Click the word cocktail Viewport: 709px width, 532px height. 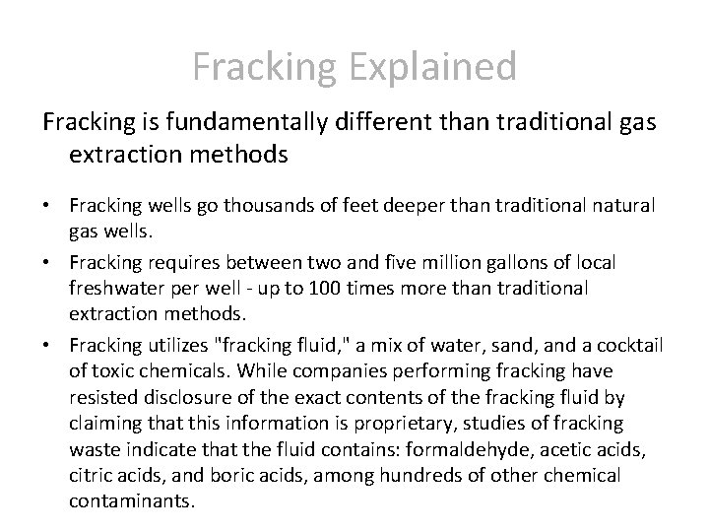pos(627,344)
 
